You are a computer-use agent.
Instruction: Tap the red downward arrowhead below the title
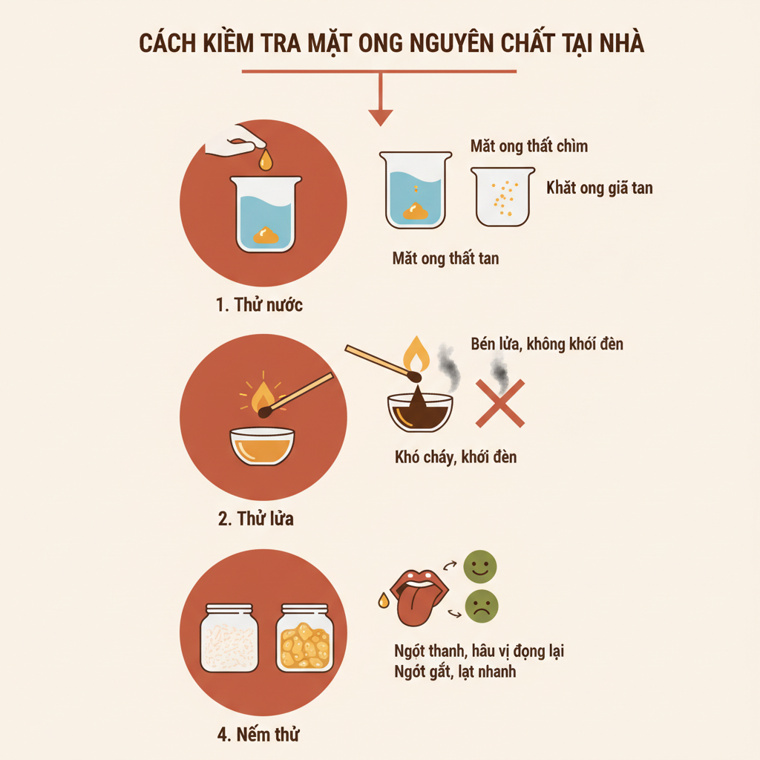(x=380, y=117)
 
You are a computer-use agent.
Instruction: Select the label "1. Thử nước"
(x=259, y=305)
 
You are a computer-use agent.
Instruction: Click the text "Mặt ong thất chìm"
(x=528, y=145)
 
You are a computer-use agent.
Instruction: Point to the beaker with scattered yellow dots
(x=503, y=196)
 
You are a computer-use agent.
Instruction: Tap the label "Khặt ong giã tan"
(x=599, y=188)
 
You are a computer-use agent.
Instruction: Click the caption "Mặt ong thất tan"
(x=445, y=259)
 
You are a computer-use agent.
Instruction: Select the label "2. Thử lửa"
(x=255, y=518)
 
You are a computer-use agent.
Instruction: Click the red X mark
(x=499, y=404)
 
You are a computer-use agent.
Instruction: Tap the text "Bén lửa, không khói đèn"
(x=547, y=344)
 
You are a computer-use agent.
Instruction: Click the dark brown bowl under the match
(x=420, y=413)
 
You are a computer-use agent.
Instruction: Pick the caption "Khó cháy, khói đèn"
(x=455, y=456)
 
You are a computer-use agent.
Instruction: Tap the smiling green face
(x=479, y=567)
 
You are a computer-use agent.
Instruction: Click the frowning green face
(x=481, y=606)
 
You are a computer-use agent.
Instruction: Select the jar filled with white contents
(x=229, y=638)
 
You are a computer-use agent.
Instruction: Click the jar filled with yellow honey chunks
(x=304, y=638)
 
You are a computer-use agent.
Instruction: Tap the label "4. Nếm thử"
(x=259, y=735)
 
